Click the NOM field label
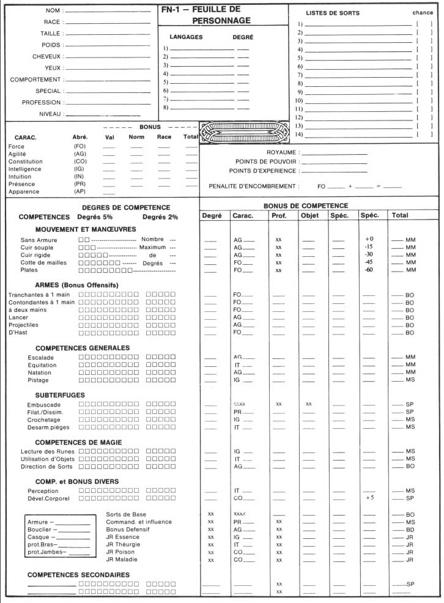pos(53,11)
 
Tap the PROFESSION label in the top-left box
pos(42,102)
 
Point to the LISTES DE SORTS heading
pos(333,13)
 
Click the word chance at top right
pos(423,13)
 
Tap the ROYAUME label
pos(282,152)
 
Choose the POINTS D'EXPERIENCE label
pos(263,171)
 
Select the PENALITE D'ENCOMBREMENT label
pos(254,186)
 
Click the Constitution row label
pos(24,161)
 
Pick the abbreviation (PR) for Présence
pos(80,184)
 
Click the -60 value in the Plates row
pos(369,270)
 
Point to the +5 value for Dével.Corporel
pos(369,499)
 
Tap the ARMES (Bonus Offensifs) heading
pos(76,285)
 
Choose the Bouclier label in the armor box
pos(39,530)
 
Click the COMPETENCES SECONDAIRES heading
pos(78,575)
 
